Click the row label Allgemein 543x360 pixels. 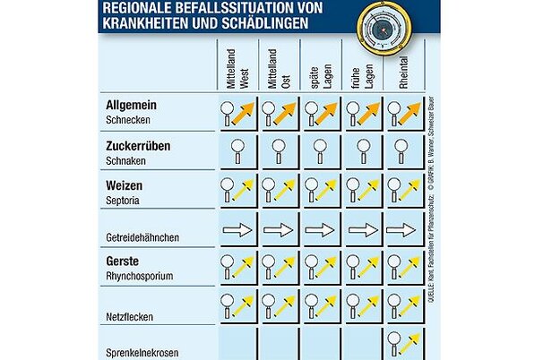tap(133, 106)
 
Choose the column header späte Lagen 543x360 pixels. tap(321, 67)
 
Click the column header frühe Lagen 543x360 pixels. tap(364, 67)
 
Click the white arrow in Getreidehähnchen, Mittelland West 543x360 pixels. tap(237, 230)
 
